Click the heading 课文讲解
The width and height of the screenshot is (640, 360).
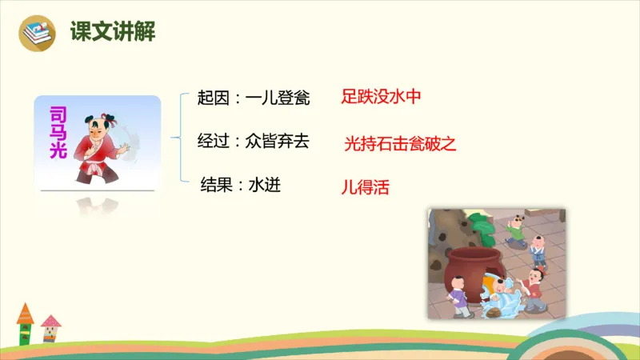[112, 32]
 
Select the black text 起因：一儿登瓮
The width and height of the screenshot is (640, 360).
[253, 98]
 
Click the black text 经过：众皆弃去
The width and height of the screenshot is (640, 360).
[253, 142]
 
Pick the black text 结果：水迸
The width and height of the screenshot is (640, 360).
[240, 186]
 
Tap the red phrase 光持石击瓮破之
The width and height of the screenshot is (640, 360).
[399, 144]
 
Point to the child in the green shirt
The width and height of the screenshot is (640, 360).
[515, 230]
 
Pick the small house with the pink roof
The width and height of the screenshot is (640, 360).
[51, 328]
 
